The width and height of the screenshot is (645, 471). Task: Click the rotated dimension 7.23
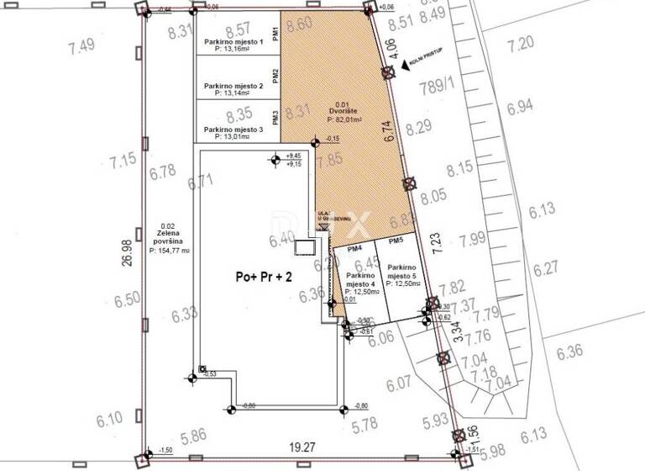click(435, 243)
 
